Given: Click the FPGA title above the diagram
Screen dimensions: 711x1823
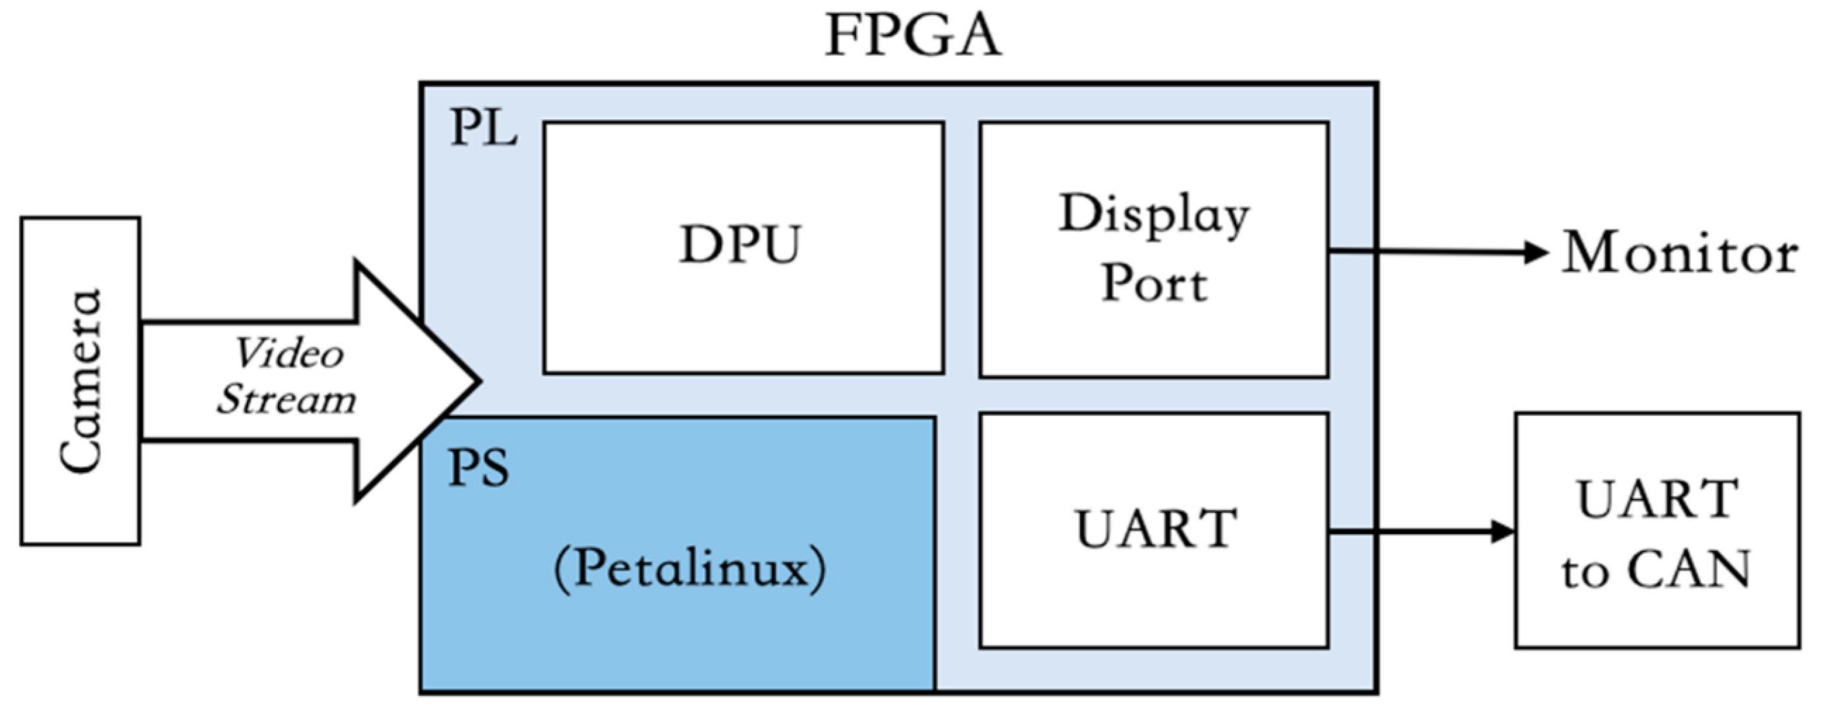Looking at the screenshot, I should (913, 37).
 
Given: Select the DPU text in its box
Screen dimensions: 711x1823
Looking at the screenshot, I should (740, 245).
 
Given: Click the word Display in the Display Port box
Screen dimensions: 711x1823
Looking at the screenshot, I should (1153, 215).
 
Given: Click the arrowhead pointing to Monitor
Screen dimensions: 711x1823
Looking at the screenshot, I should (1537, 252).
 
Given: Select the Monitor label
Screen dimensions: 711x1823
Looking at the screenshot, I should (1679, 253).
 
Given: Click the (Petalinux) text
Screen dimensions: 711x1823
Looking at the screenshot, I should (690, 569).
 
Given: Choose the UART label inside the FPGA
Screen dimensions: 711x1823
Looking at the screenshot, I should (1156, 529).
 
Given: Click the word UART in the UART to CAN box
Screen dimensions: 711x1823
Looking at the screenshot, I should (1658, 500).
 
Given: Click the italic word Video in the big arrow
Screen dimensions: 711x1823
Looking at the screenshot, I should (288, 353).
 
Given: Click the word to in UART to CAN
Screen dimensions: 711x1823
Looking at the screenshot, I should (1585, 571).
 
